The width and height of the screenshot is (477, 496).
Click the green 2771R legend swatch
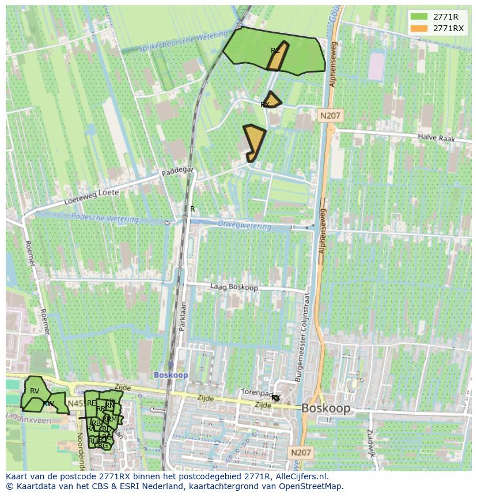click(x=419, y=17)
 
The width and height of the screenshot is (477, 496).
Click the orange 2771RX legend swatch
click(x=419, y=28)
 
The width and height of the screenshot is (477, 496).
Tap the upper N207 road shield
click(x=330, y=116)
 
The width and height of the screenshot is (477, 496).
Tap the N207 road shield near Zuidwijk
click(x=301, y=453)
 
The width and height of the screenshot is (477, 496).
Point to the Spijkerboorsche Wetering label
click(x=176, y=43)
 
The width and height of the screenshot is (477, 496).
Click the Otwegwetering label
click(x=244, y=225)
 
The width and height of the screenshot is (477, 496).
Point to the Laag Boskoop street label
click(x=233, y=286)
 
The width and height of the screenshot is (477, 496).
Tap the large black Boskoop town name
click(x=325, y=408)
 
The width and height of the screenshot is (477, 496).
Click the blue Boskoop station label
click(x=171, y=375)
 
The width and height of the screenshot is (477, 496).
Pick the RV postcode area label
click(x=35, y=391)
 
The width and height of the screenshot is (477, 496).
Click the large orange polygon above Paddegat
click(x=253, y=140)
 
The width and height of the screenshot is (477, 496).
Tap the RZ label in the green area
click(x=275, y=51)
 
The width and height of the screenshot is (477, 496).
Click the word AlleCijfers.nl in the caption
click(x=300, y=476)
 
